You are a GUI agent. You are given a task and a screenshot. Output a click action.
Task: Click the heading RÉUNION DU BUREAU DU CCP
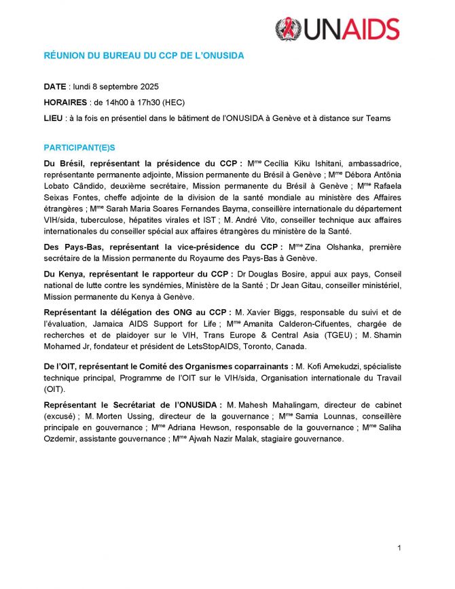(x=144, y=56)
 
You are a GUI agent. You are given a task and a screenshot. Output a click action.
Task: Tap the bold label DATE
(x=55, y=88)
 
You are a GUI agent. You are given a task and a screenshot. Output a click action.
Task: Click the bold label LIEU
(x=53, y=118)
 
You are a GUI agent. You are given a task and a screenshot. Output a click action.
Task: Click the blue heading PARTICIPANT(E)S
(x=83, y=147)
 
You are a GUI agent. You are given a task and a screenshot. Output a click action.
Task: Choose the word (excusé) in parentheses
(x=60, y=416)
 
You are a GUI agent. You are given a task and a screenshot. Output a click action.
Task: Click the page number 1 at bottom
(x=400, y=548)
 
